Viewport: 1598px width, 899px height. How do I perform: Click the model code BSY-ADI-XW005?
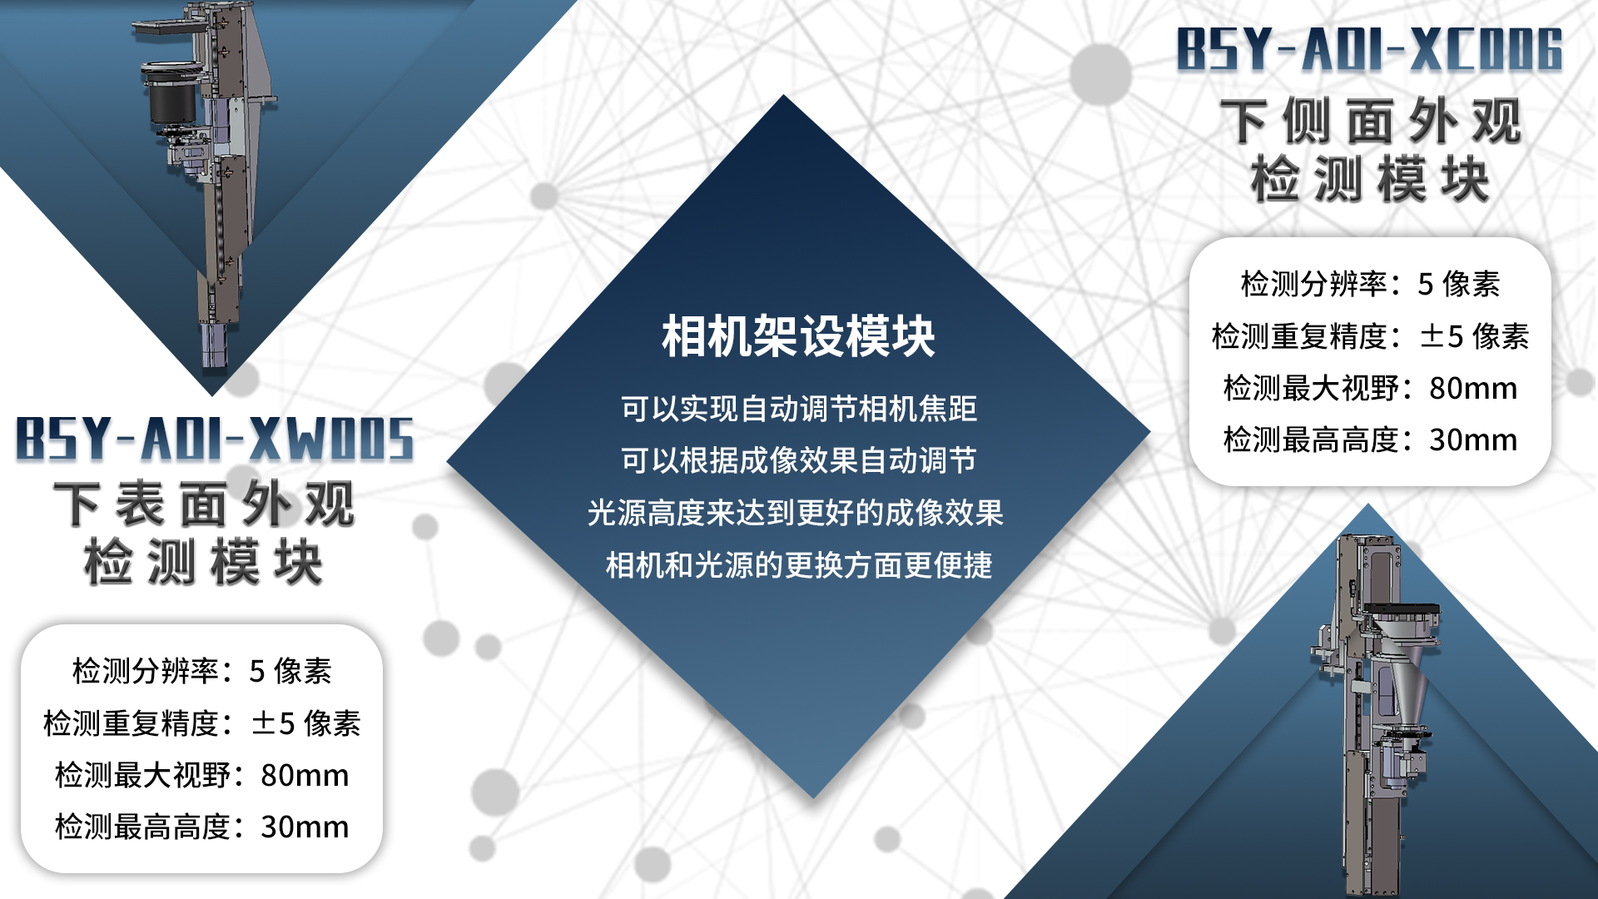(215, 439)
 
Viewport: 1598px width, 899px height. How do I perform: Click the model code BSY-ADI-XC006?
(1370, 49)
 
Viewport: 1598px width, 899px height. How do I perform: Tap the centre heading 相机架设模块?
(798, 336)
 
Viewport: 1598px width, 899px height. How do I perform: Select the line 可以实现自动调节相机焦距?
(798, 409)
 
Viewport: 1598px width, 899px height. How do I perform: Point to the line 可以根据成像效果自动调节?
(798, 460)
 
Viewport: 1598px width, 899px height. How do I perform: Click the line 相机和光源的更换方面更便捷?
(798, 565)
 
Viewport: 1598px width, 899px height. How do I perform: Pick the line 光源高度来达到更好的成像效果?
(795, 513)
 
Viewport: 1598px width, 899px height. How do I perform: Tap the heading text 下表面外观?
(204, 504)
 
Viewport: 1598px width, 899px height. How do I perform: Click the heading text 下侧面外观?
(1371, 122)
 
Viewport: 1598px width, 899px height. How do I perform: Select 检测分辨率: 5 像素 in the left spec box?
(202, 671)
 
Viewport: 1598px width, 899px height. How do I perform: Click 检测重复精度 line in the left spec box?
(202, 723)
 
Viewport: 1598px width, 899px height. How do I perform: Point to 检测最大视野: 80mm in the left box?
(202, 775)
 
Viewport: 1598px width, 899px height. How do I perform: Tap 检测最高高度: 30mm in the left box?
(202, 827)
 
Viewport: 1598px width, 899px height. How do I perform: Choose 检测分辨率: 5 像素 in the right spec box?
(1370, 284)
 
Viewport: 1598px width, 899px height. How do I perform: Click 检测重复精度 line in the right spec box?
(1370, 336)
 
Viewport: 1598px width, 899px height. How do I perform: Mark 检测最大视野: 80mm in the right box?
(1370, 388)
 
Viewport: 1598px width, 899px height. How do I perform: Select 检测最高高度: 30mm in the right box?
(1370, 440)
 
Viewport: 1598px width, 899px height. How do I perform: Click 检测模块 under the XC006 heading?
(1371, 179)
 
